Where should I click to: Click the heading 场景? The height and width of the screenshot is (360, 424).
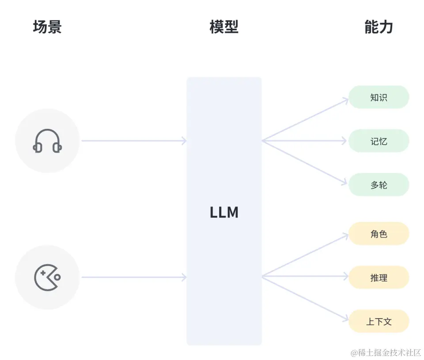point(47,27)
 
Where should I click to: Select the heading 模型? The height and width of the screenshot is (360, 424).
point(224,27)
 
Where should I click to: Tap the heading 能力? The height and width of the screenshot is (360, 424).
point(379,27)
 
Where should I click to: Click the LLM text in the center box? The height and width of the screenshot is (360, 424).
point(224,213)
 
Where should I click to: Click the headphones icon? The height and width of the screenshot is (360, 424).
point(47,141)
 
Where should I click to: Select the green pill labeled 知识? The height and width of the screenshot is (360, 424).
point(379,97)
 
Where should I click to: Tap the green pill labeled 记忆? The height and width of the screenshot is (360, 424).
point(379,141)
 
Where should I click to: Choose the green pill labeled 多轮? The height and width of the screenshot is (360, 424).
point(379,185)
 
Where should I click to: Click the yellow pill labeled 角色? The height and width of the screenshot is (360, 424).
point(379,233)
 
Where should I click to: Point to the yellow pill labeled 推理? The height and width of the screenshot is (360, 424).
point(379,277)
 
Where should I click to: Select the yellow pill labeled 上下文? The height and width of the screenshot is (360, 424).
point(379,321)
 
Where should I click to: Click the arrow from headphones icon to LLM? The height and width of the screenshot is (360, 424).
point(132,141)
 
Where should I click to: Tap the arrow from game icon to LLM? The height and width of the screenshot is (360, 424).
point(132,277)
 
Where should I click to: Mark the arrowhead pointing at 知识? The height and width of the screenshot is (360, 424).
point(345,101)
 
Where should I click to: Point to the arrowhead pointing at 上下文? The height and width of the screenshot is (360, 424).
point(345,318)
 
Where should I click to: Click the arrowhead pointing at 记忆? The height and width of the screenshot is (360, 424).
point(344,141)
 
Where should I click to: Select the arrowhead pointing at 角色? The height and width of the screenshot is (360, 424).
point(345,236)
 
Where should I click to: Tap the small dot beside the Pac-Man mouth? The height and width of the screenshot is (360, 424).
point(57,277)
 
